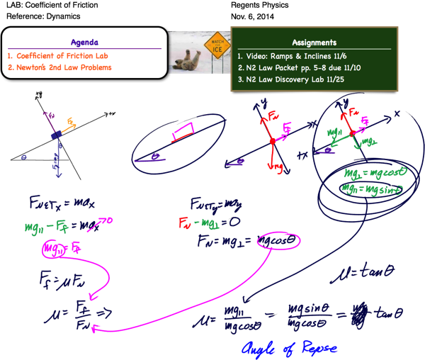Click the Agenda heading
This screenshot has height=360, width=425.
84,42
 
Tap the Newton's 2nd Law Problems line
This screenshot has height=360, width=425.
59,68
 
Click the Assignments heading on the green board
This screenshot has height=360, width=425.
314,43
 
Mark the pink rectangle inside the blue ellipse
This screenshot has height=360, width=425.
183,131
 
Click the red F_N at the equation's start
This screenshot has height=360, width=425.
183,223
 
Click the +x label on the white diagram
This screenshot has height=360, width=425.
112,113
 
